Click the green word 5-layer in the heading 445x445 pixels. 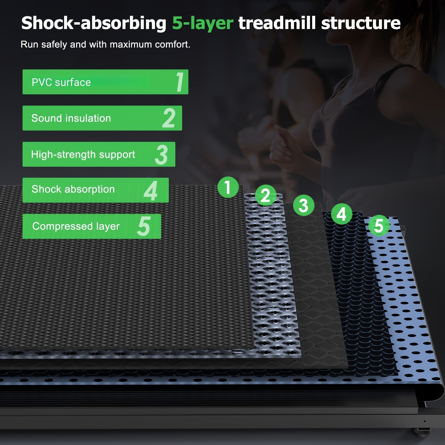click(x=203, y=23)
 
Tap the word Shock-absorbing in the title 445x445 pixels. click(x=94, y=23)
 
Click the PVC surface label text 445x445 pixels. click(x=61, y=82)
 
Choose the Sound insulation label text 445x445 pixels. click(x=71, y=118)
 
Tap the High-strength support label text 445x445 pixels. click(x=83, y=155)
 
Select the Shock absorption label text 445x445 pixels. click(x=73, y=189)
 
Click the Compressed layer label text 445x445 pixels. click(x=76, y=226)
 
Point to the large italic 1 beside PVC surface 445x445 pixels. click(x=180, y=82)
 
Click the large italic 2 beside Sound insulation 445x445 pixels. click(x=169, y=118)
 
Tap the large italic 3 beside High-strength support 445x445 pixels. click(x=161, y=155)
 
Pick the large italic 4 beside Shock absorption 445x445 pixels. click(x=151, y=191)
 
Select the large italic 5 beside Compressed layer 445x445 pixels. click(x=144, y=226)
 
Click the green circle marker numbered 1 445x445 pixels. click(x=228, y=187)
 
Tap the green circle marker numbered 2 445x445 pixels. click(x=265, y=195)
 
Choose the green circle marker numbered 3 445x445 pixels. click(x=303, y=205)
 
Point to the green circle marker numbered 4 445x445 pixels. click(x=341, y=214)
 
